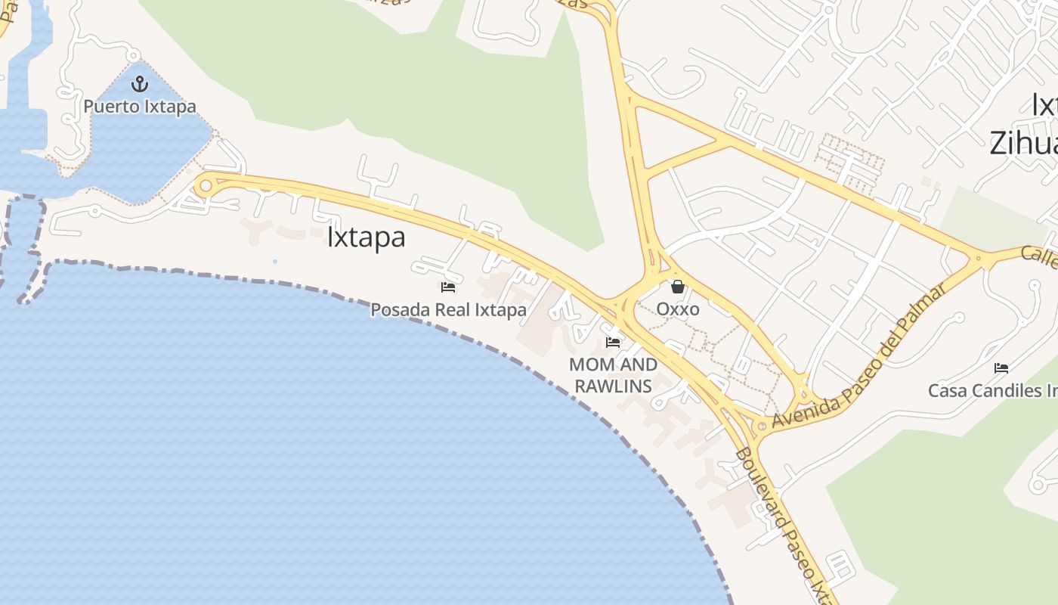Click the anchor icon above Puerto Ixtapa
coord(139,84)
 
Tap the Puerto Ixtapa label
coord(140,107)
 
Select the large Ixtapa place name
coord(366,237)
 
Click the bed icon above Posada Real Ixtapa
coord(448,287)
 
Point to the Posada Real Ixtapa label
coord(448,309)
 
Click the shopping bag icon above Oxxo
coord(678,287)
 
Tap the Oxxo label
coord(678,309)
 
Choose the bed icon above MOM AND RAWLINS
coord(613,342)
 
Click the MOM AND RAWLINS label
coord(613,375)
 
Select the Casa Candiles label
coord(992,391)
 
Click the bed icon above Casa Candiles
coord(1001,368)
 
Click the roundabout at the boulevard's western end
coord(205,185)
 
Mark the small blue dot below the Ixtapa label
coord(274,262)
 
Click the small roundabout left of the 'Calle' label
coord(979,259)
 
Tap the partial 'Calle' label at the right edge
coord(1039,257)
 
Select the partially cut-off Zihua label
coord(1023,142)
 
